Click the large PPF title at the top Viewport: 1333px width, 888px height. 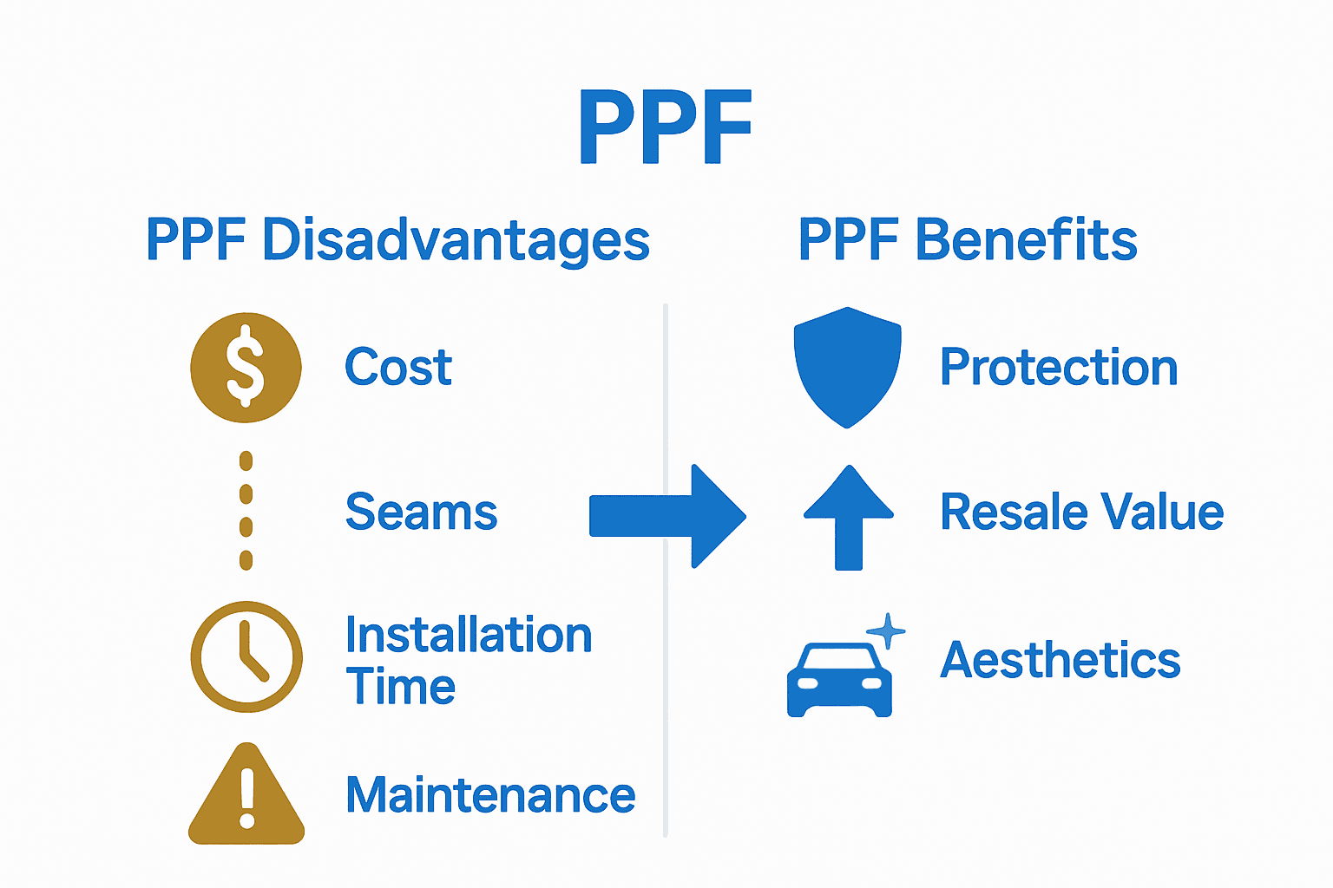[665, 127]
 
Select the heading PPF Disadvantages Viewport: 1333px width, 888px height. [397, 240]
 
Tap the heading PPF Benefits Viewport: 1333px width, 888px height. [968, 240]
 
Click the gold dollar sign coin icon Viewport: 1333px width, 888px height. [246, 367]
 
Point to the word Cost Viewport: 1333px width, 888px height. [398, 367]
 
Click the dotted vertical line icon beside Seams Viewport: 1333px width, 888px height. [246, 511]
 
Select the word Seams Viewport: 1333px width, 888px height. [421, 512]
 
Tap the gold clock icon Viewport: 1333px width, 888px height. [246, 656]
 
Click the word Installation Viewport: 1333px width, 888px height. [469, 635]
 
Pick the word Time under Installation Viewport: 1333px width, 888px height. [400, 687]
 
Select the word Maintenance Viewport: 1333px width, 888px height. [490, 795]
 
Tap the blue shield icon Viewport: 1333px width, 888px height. [847, 367]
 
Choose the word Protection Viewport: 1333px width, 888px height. [1059, 367]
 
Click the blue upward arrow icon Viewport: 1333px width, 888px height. [849, 518]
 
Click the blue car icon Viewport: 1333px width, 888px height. [839, 681]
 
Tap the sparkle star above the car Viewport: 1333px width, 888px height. [886, 630]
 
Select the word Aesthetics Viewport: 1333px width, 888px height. [1060, 660]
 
